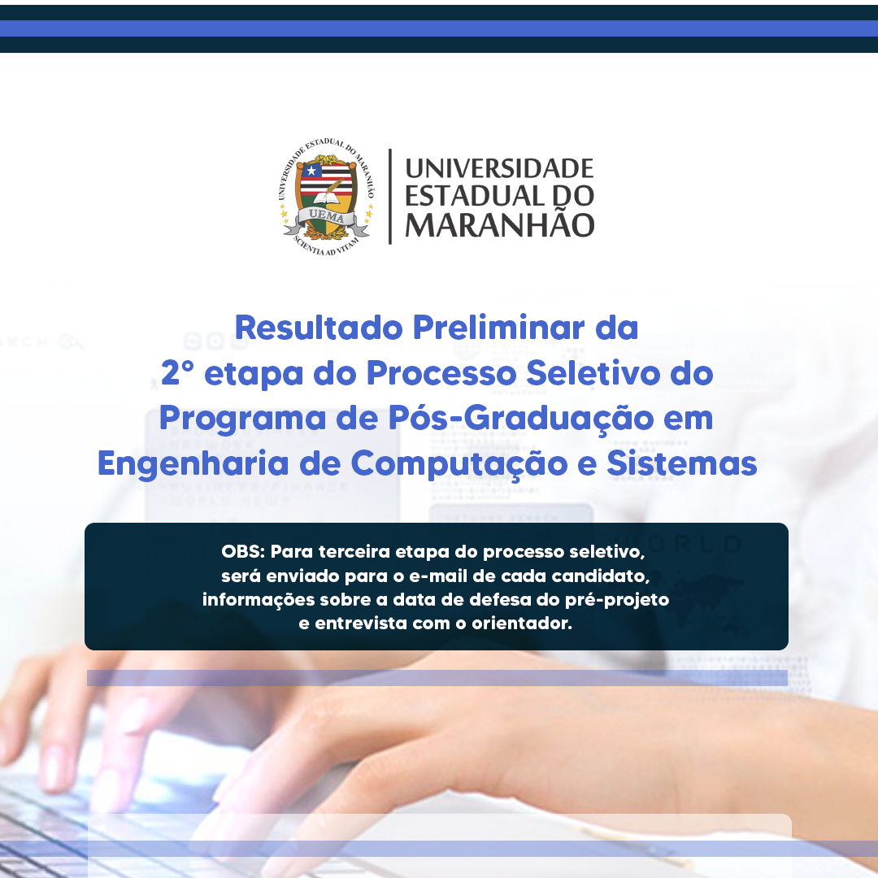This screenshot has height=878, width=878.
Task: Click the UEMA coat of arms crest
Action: [x=327, y=197]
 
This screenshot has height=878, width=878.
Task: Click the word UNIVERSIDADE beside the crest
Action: [x=499, y=168]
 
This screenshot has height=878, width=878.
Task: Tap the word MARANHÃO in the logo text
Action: [x=499, y=224]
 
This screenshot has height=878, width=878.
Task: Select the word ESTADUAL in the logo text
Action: [x=474, y=196]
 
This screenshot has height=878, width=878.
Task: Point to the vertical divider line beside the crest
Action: [x=389, y=197]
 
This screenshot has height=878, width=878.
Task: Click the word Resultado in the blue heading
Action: [x=319, y=328]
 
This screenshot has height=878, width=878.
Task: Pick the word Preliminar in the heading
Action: [x=498, y=328]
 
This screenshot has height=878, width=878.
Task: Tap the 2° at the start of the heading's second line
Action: [x=177, y=373]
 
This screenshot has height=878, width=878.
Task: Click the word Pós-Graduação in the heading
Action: [x=521, y=419]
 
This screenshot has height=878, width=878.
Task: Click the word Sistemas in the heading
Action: [x=681, y=463]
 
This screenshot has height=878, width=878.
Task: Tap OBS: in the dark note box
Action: [x=243, y=551]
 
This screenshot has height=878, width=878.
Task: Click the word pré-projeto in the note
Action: [x=616, y=600]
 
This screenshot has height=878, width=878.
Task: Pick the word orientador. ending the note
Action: [x=522, y=624]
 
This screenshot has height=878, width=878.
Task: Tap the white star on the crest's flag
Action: [x=311, y=170]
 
